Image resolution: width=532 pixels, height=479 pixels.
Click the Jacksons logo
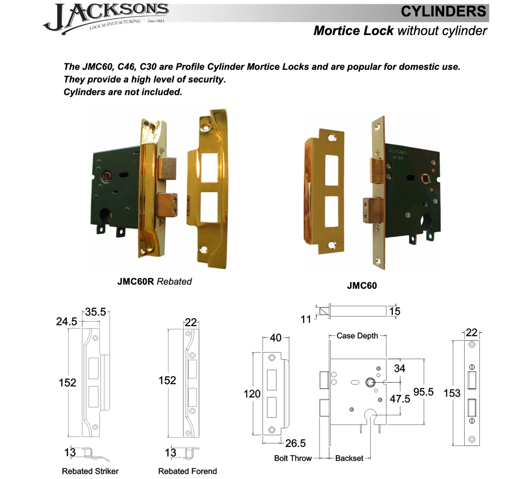point(106,18)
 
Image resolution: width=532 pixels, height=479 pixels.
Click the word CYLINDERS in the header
point(443,12)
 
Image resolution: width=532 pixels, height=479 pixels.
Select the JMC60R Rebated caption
point(154,282)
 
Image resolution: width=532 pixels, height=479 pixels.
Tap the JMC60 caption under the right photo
point(362,286)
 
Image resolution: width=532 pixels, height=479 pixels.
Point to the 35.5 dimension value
point(95,312)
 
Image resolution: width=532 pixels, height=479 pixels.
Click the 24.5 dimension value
point(66,322)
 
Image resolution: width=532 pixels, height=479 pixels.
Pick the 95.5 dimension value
point(423,392)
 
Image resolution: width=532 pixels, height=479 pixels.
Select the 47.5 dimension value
point(400,399)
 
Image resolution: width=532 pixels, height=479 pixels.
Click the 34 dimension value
point(399,368)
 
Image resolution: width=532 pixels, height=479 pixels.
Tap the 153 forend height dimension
point(452,393)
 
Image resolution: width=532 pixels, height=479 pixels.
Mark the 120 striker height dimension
point(252,394)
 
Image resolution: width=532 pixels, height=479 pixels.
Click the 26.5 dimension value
point(295,443)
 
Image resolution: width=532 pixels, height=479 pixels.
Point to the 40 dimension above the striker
point(276,338)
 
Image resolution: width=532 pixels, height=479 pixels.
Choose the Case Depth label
point(357,336)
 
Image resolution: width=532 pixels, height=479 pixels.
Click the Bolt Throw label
point(293,458)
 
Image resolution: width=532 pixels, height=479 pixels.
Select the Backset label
point(349,458)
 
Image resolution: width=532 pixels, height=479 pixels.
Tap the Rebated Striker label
point(90,472)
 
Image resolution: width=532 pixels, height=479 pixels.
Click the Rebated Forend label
point(187,472)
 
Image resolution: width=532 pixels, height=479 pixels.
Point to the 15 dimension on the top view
point(394,311)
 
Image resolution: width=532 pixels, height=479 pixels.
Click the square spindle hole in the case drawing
point(370,383)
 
